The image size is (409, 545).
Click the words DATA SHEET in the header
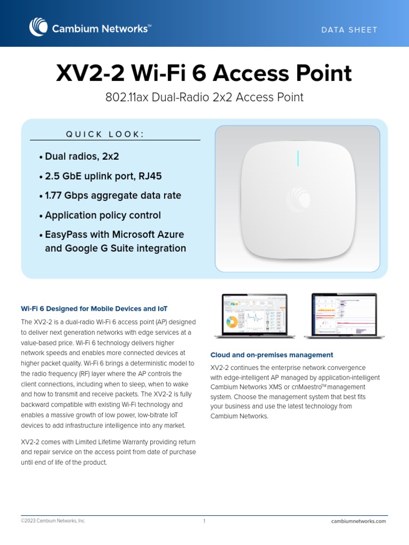tap(349, 30)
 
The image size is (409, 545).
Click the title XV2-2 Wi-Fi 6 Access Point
tap(204, 73)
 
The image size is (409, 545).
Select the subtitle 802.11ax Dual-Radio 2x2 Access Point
tap(204, 97)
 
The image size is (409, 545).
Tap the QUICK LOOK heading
tap(105, 134)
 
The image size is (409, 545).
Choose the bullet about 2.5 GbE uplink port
tap(101, 176)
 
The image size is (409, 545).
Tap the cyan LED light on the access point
tap(298, 158)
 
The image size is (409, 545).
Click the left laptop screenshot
tap(250, 316)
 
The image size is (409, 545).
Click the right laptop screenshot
tap(340, 316)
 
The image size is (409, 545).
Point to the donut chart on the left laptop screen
tap(232, 322)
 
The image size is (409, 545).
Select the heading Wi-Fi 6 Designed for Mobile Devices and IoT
tap(94, 309)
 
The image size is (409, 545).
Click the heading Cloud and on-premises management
tap(272, 355)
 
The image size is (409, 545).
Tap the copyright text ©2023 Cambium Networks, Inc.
tap(53, 521)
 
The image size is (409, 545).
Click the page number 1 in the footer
tap(204, 521)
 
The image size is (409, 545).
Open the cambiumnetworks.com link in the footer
tap(358, 521)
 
